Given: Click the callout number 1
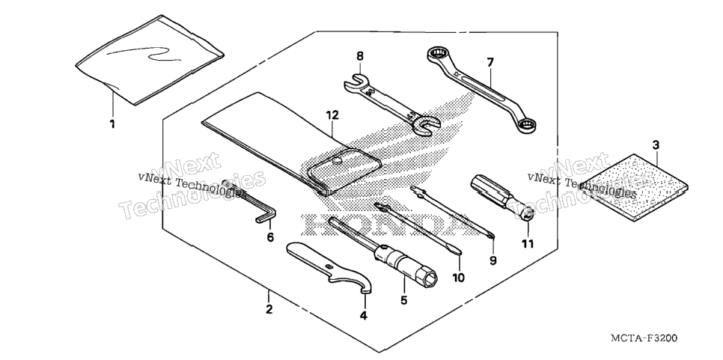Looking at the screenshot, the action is pos(112,124).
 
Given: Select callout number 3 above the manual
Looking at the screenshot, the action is pos(656,145).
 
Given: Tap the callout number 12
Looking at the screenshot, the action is pos(332,115).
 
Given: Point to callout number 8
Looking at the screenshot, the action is pos(360,56).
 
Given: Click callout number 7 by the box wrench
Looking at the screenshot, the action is pos(490,61).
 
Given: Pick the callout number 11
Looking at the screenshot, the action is pos(528,244).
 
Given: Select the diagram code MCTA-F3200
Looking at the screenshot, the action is pos(644,338).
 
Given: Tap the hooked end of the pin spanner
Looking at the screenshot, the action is pos(366,288).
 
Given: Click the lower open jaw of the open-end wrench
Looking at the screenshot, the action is pos(426,126).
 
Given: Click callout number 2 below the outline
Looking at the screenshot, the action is pos(269,309).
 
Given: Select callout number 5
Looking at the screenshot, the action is pos(404,301).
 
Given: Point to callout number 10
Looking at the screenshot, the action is pos(459,278).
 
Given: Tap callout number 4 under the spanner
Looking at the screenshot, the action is pos(363,316).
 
